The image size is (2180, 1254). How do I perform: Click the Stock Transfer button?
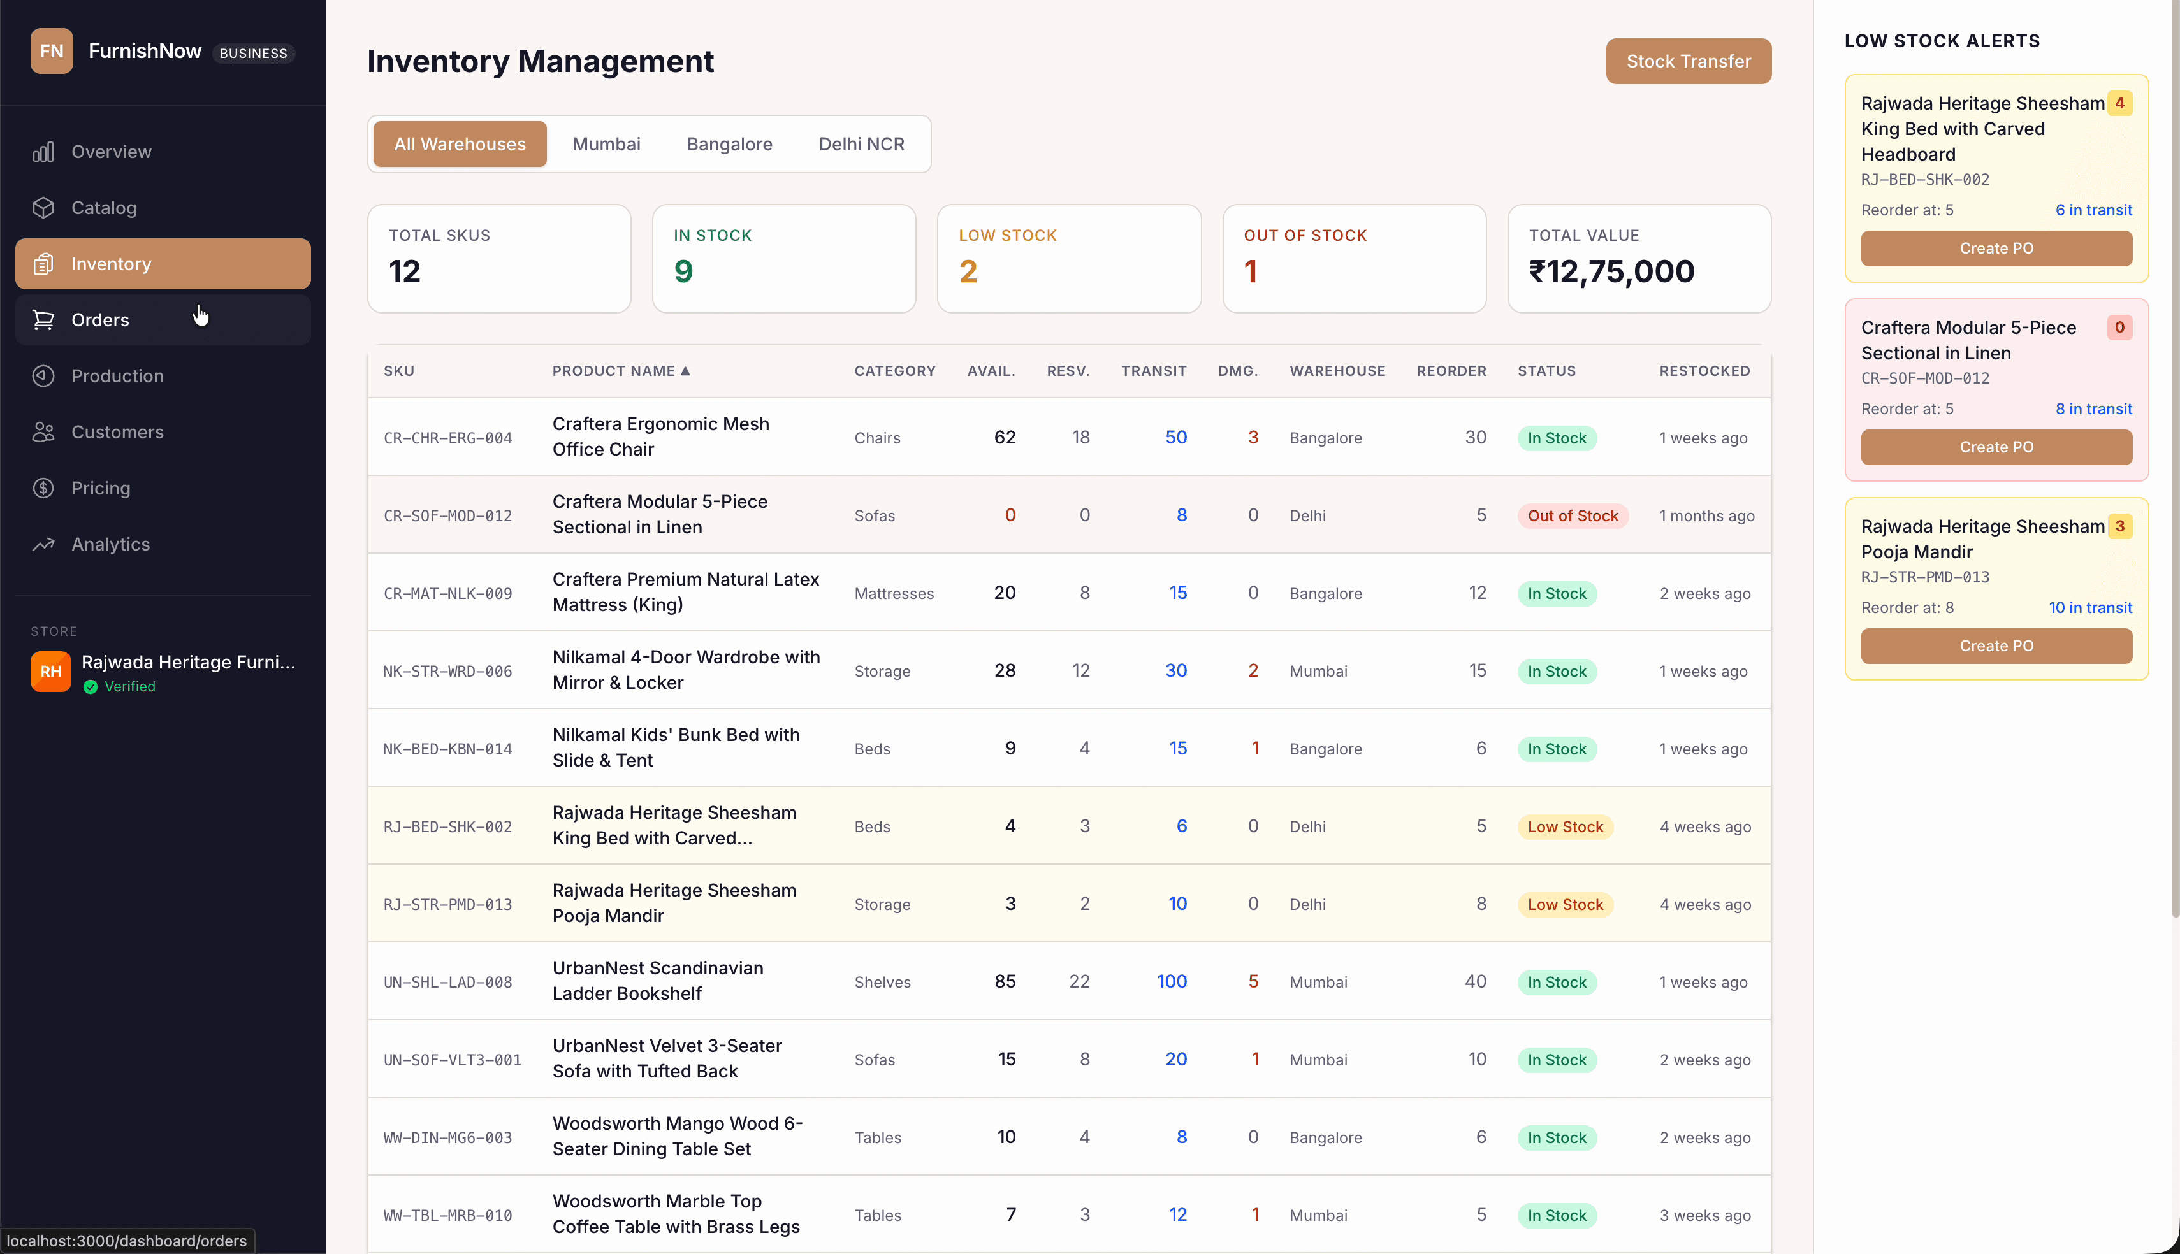pos(1687,61)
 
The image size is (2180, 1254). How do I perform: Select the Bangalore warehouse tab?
pos(729,144)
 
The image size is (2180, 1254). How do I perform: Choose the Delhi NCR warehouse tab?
pos(861,144)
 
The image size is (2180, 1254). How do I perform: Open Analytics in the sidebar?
pos(110,544)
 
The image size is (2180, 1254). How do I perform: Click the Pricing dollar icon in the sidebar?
pos(43,488)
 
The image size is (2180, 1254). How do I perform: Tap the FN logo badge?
pos(51,51)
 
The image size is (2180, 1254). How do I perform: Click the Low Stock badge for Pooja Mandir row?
pos(1564,904)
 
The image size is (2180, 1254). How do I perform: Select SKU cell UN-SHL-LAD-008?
pos(447,983)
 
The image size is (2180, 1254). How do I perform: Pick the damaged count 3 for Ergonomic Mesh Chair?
pos(1253,438)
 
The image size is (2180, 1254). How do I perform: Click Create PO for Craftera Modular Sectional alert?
pos(1996,447)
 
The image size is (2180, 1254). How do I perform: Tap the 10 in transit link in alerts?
pos(2089,608)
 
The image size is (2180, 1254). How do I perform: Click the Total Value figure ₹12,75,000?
pos(1611,272)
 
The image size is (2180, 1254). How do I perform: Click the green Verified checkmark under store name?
pos(91,686)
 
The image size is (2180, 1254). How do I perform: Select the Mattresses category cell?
pos(893,593)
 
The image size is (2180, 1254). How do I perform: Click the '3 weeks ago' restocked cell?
pos(1704,1215)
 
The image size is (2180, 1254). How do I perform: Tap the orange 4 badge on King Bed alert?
pos(2119,103)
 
